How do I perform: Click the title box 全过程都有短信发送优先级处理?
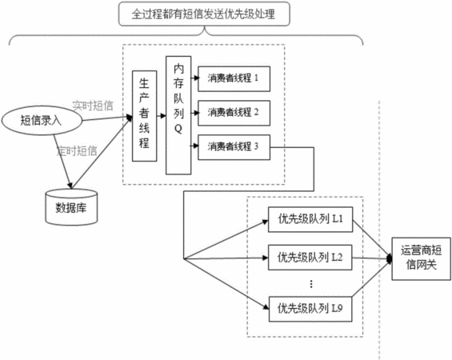click(204, 14)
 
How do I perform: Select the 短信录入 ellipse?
click(42, 120)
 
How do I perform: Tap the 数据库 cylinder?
click(71, 207)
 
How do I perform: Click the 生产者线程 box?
click(145, 116)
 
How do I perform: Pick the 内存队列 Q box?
click(178, 115)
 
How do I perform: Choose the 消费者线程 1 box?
click(234, 78)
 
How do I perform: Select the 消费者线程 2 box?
click(234, 113)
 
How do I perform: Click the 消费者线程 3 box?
click(234, 147)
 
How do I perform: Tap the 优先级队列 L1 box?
click(310, 219)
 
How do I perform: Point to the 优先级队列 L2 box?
click(310, 258)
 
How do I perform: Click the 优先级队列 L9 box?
click(310, 309)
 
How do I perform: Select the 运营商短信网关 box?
click(421, 258)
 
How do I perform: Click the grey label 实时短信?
click(93, 106)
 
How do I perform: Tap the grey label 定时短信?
click(77, 150)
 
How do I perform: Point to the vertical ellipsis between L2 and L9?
click(311, 284)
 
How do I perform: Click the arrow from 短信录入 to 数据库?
click(62, 162)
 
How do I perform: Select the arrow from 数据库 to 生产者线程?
click(102, 153)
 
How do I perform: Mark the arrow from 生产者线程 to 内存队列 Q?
click(162, 116)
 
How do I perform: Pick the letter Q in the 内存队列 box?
click(178, 129)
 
